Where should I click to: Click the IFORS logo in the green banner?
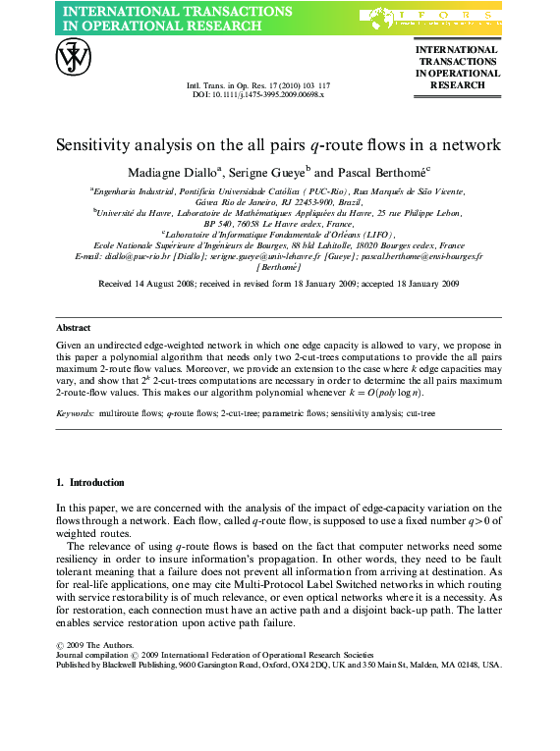432,17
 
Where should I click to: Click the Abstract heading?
73,328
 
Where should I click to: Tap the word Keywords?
76,415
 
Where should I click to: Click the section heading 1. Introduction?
90,483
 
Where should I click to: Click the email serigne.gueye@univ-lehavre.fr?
266,255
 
